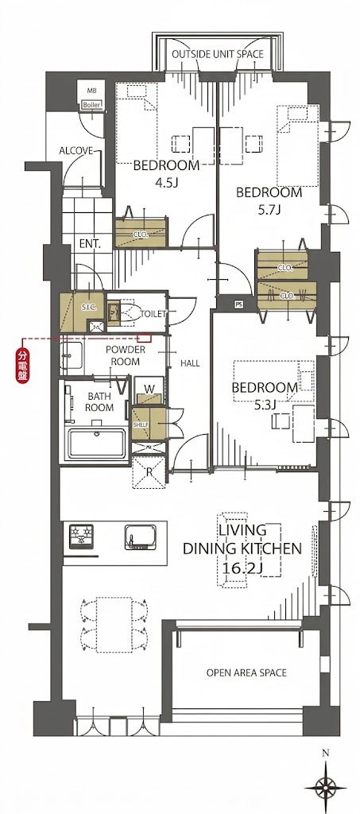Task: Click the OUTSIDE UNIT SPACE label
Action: tap(217, 53)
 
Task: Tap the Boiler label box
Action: tap(91, 105)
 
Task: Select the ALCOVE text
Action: tap(75, 151)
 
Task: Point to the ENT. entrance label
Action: tap(90, 243)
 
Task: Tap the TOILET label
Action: tap(153, 314)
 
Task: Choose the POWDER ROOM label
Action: tap(126, 355)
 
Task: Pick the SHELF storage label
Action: tap(141, 424)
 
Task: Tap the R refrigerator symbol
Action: tap(149, 471)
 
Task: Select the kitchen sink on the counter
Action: tap(141, 537)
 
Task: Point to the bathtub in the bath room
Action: tap(97, 444)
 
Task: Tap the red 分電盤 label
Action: tap(22, 367)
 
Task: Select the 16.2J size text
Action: tap(242, 568)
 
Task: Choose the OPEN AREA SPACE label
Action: tap(246, 673)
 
